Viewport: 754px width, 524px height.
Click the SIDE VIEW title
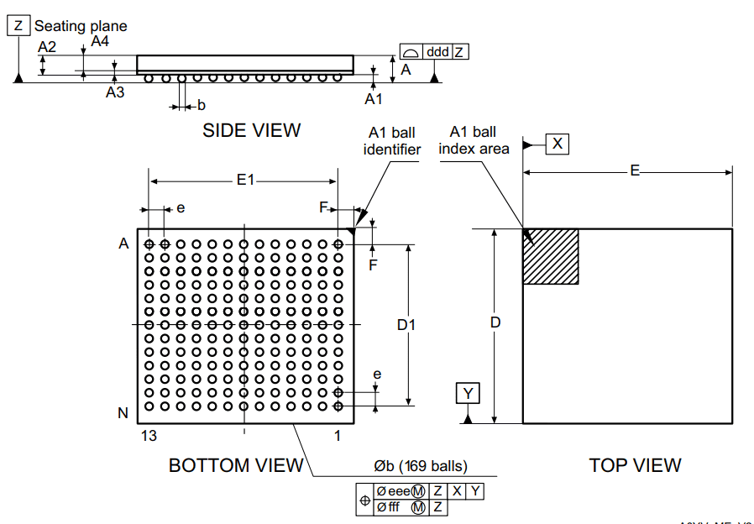tap(251, 130)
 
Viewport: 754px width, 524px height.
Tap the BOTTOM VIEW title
tap(236, 465)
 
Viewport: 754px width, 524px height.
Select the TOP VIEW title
tap(635, 465)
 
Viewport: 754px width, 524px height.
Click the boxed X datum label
tap(558, 144)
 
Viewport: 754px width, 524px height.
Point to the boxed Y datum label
tap(469, 393)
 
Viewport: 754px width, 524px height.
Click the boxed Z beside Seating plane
tap(18, 26)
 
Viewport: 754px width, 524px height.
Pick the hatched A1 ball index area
tap(551, 256)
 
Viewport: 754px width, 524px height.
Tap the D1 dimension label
tap(406, 324)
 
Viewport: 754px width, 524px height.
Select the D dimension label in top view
tap(495, 322)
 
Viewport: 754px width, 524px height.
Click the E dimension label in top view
tap(636, 171)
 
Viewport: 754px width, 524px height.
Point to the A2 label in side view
tap(47, 47)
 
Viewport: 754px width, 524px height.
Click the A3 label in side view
tap(115, 92)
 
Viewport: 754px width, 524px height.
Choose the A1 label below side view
tap(373, 99)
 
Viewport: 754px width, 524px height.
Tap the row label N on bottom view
tap(123, 413)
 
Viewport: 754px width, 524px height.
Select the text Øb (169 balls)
tap(421, 466)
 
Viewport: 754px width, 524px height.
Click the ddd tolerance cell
tap(437, 52)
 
